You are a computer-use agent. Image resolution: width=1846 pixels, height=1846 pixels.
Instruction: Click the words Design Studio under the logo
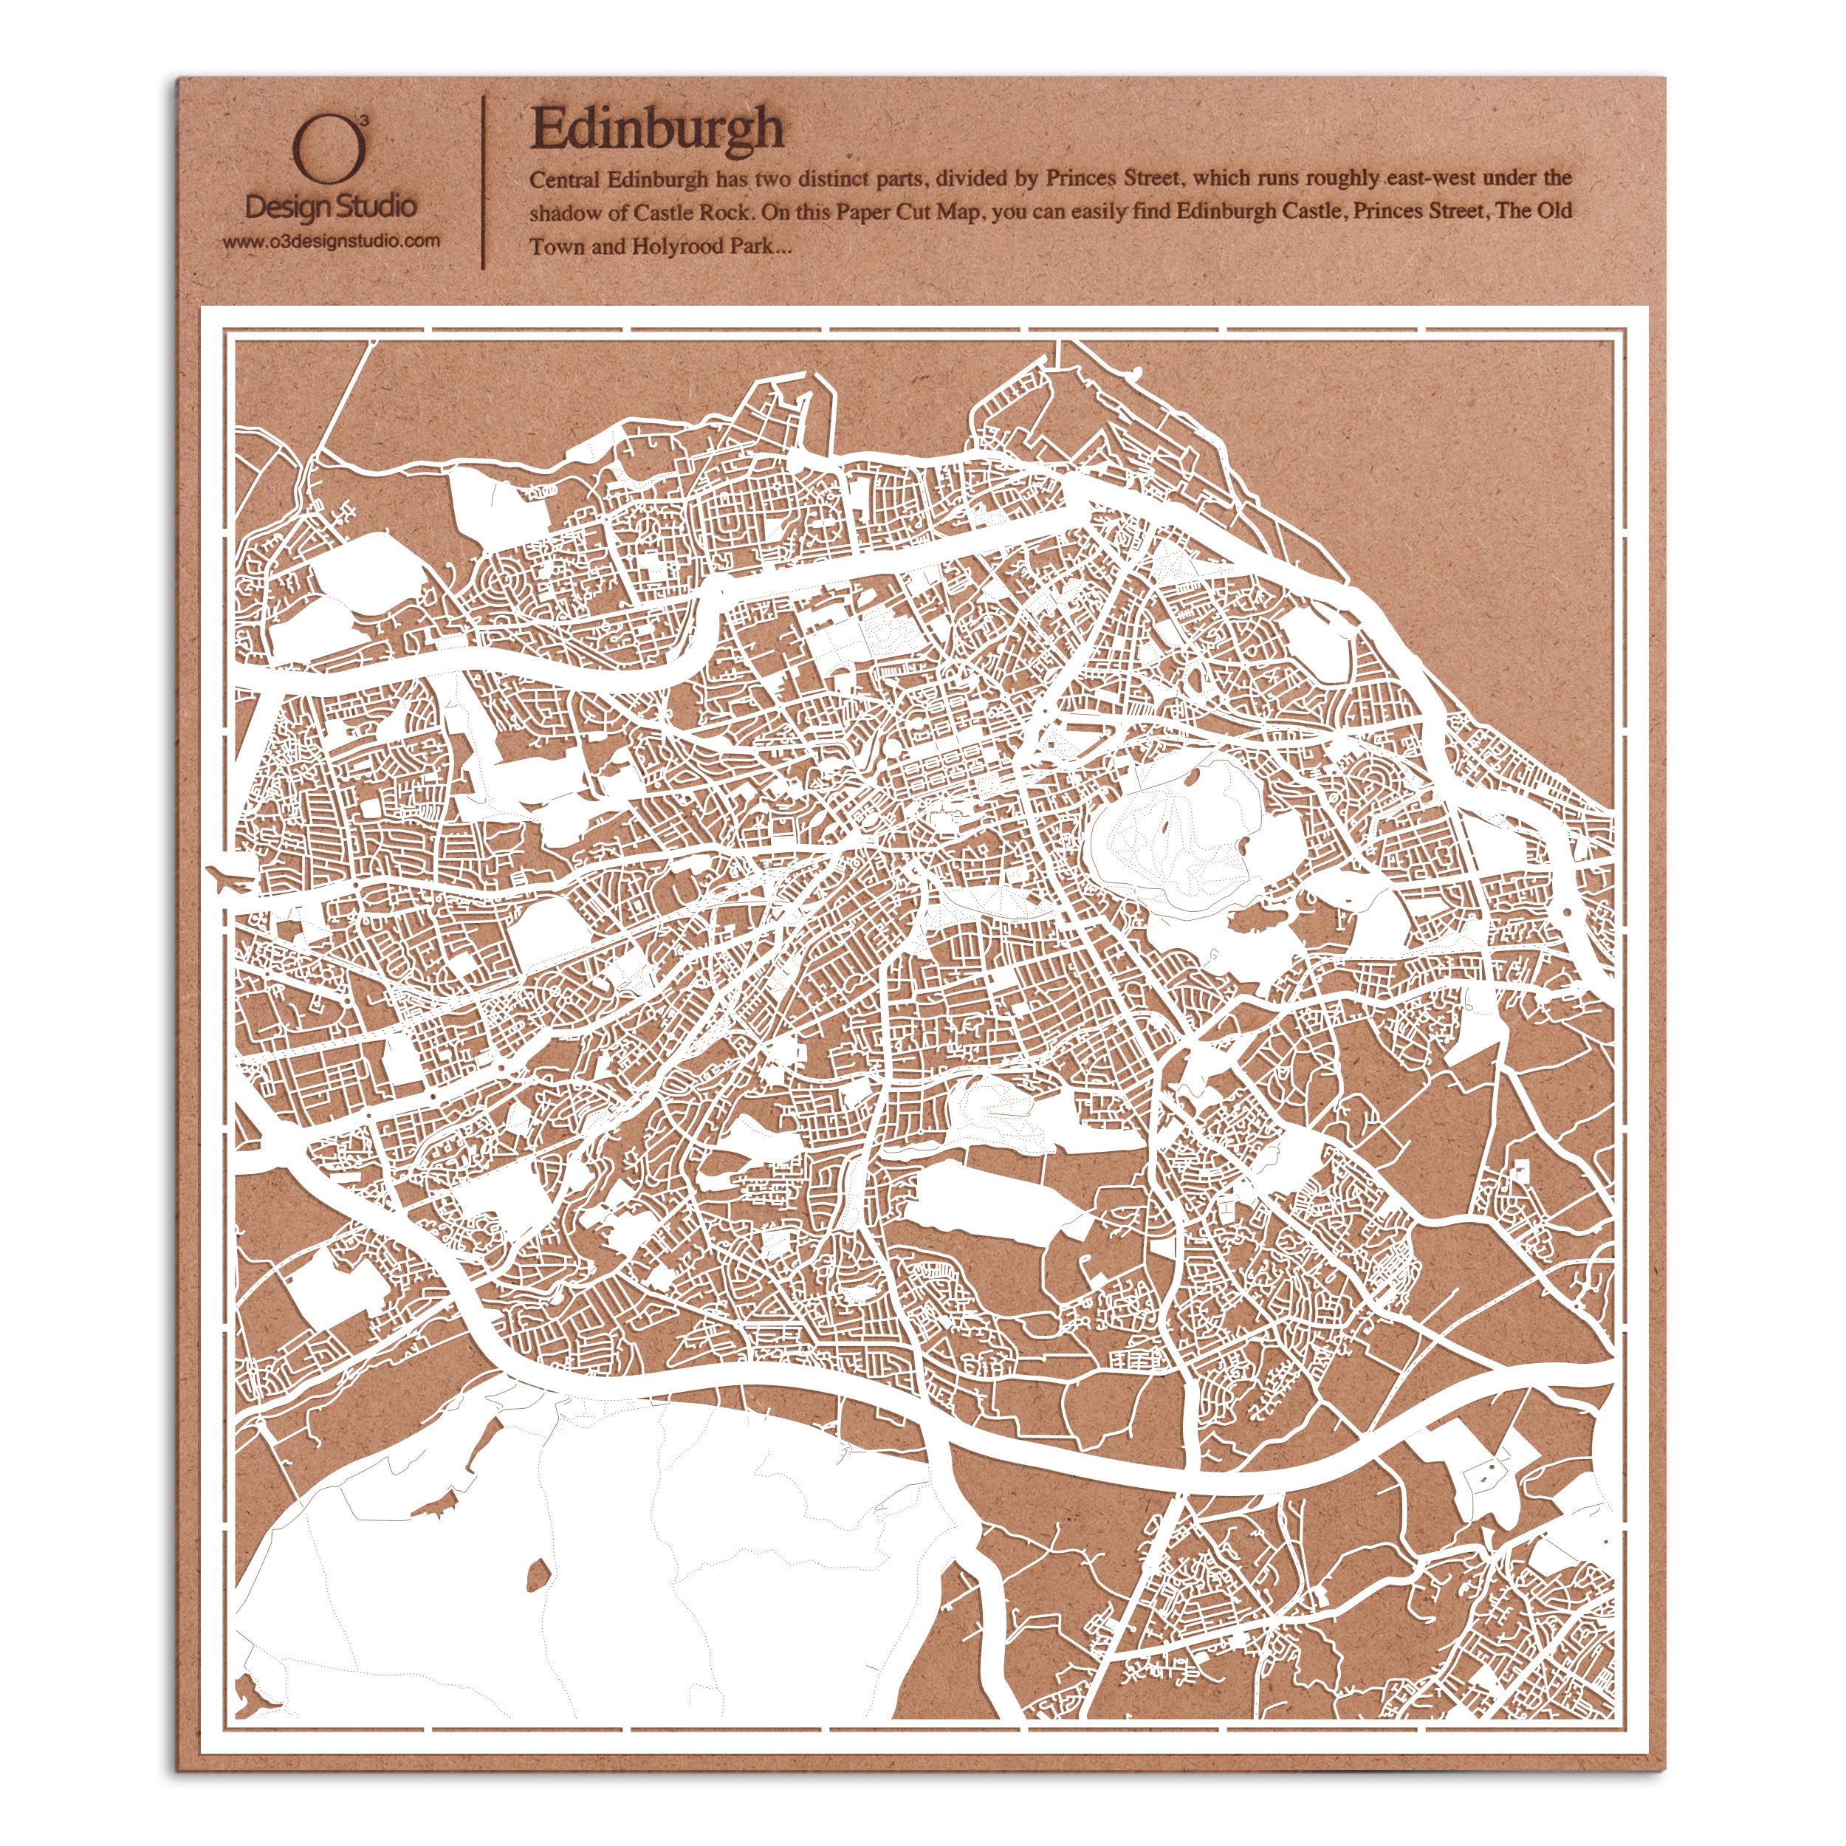point(331,205)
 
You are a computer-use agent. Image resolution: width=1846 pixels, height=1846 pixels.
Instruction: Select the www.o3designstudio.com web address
point(332,241)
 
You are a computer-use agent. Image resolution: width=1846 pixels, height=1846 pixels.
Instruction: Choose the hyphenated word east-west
point(1426,178)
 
